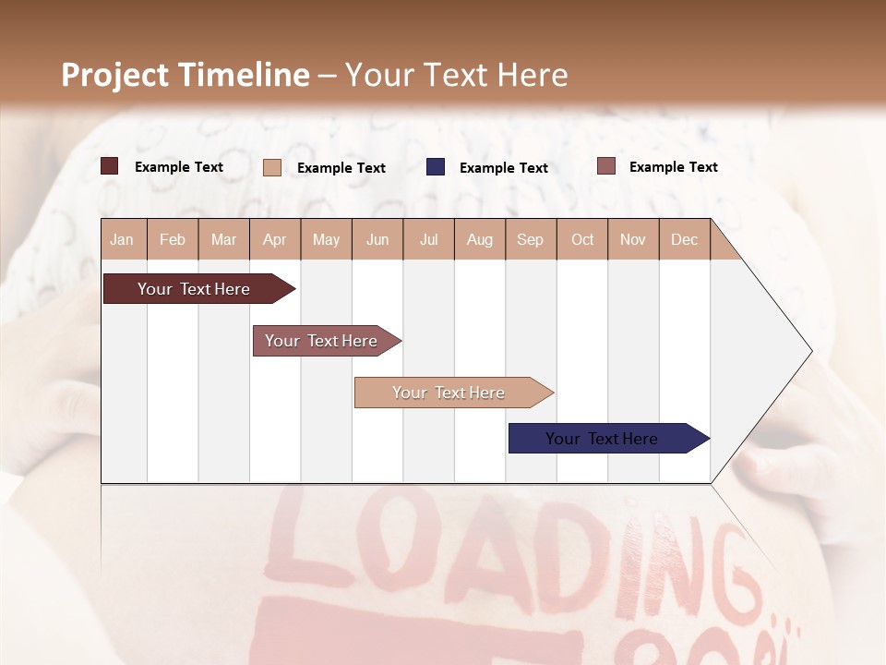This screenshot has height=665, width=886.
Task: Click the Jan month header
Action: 122,239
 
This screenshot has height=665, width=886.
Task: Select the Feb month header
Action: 173,239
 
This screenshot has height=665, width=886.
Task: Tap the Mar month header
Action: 223,239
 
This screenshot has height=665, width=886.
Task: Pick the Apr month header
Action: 275,239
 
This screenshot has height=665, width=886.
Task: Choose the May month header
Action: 326,239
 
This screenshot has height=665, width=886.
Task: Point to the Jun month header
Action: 377,239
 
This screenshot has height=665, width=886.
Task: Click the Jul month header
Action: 428,239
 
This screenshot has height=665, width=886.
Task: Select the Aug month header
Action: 480,239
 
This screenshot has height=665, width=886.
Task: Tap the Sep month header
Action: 531,239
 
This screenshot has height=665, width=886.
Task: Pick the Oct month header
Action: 582,239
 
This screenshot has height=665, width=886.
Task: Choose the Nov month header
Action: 633,239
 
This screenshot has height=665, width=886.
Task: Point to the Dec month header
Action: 685,239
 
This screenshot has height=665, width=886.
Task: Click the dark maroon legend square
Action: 110,166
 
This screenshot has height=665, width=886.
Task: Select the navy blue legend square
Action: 436,167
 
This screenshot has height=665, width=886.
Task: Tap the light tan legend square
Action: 272,167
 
